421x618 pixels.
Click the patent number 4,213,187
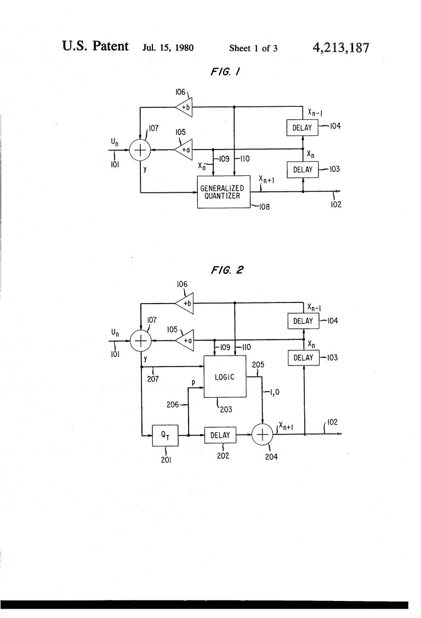341,48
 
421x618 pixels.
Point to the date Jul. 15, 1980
168,48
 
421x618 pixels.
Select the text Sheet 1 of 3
253,48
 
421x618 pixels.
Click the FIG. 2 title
227,270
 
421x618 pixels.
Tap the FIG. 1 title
225,72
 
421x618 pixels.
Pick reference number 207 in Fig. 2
153,379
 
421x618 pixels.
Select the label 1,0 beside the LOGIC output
274,392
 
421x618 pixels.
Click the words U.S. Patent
95,46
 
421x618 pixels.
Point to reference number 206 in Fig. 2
173,404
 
